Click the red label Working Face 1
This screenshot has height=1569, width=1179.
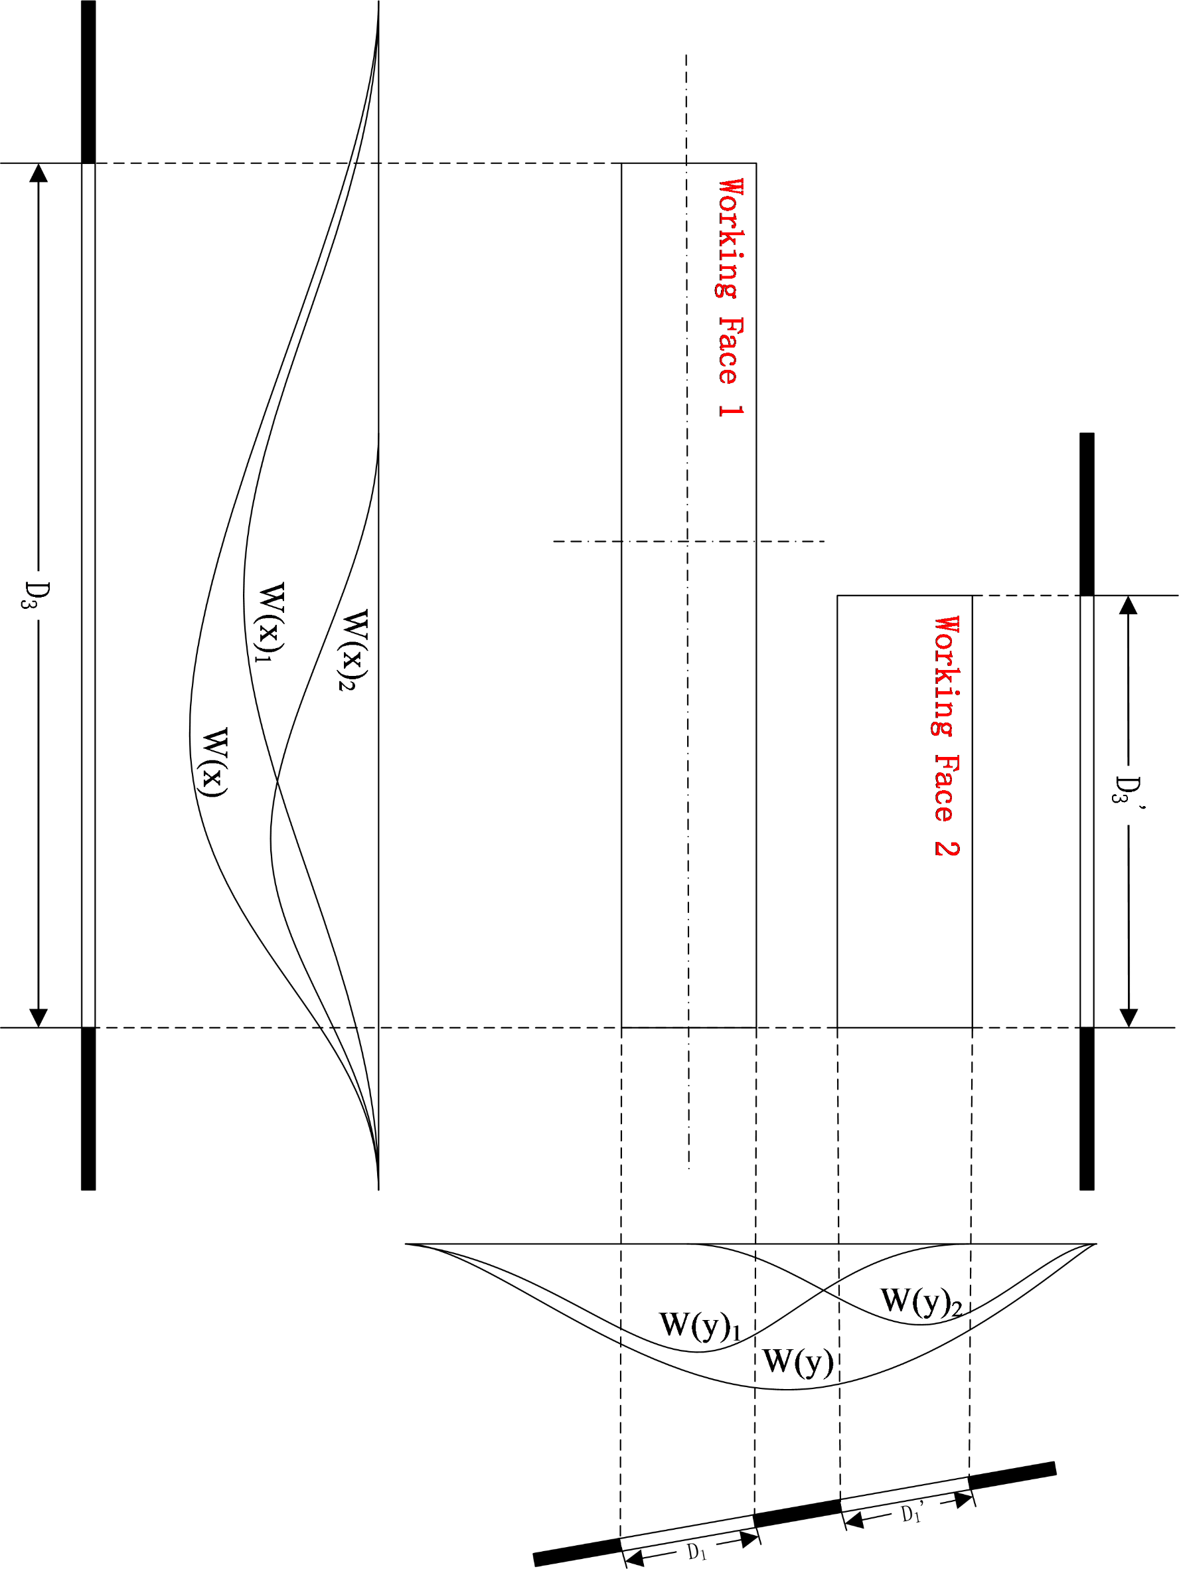coord(730,298)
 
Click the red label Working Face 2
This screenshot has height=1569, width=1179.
coord(947,736)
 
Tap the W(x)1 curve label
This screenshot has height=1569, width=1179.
coord(272,623)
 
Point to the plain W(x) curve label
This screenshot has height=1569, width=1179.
coord(214,762)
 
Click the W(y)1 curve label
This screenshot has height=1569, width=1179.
coord(700,1326)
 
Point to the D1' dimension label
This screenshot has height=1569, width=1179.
coord(911,1513)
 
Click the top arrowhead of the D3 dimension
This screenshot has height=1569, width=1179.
coord(39,173)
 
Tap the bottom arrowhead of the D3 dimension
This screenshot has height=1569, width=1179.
coord(39,1017)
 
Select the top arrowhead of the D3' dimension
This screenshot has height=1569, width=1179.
coord(1128,605)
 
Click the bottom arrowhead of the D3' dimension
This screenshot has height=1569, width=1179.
coord(1128,1017)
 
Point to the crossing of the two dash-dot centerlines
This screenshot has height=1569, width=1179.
coord(687,541)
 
